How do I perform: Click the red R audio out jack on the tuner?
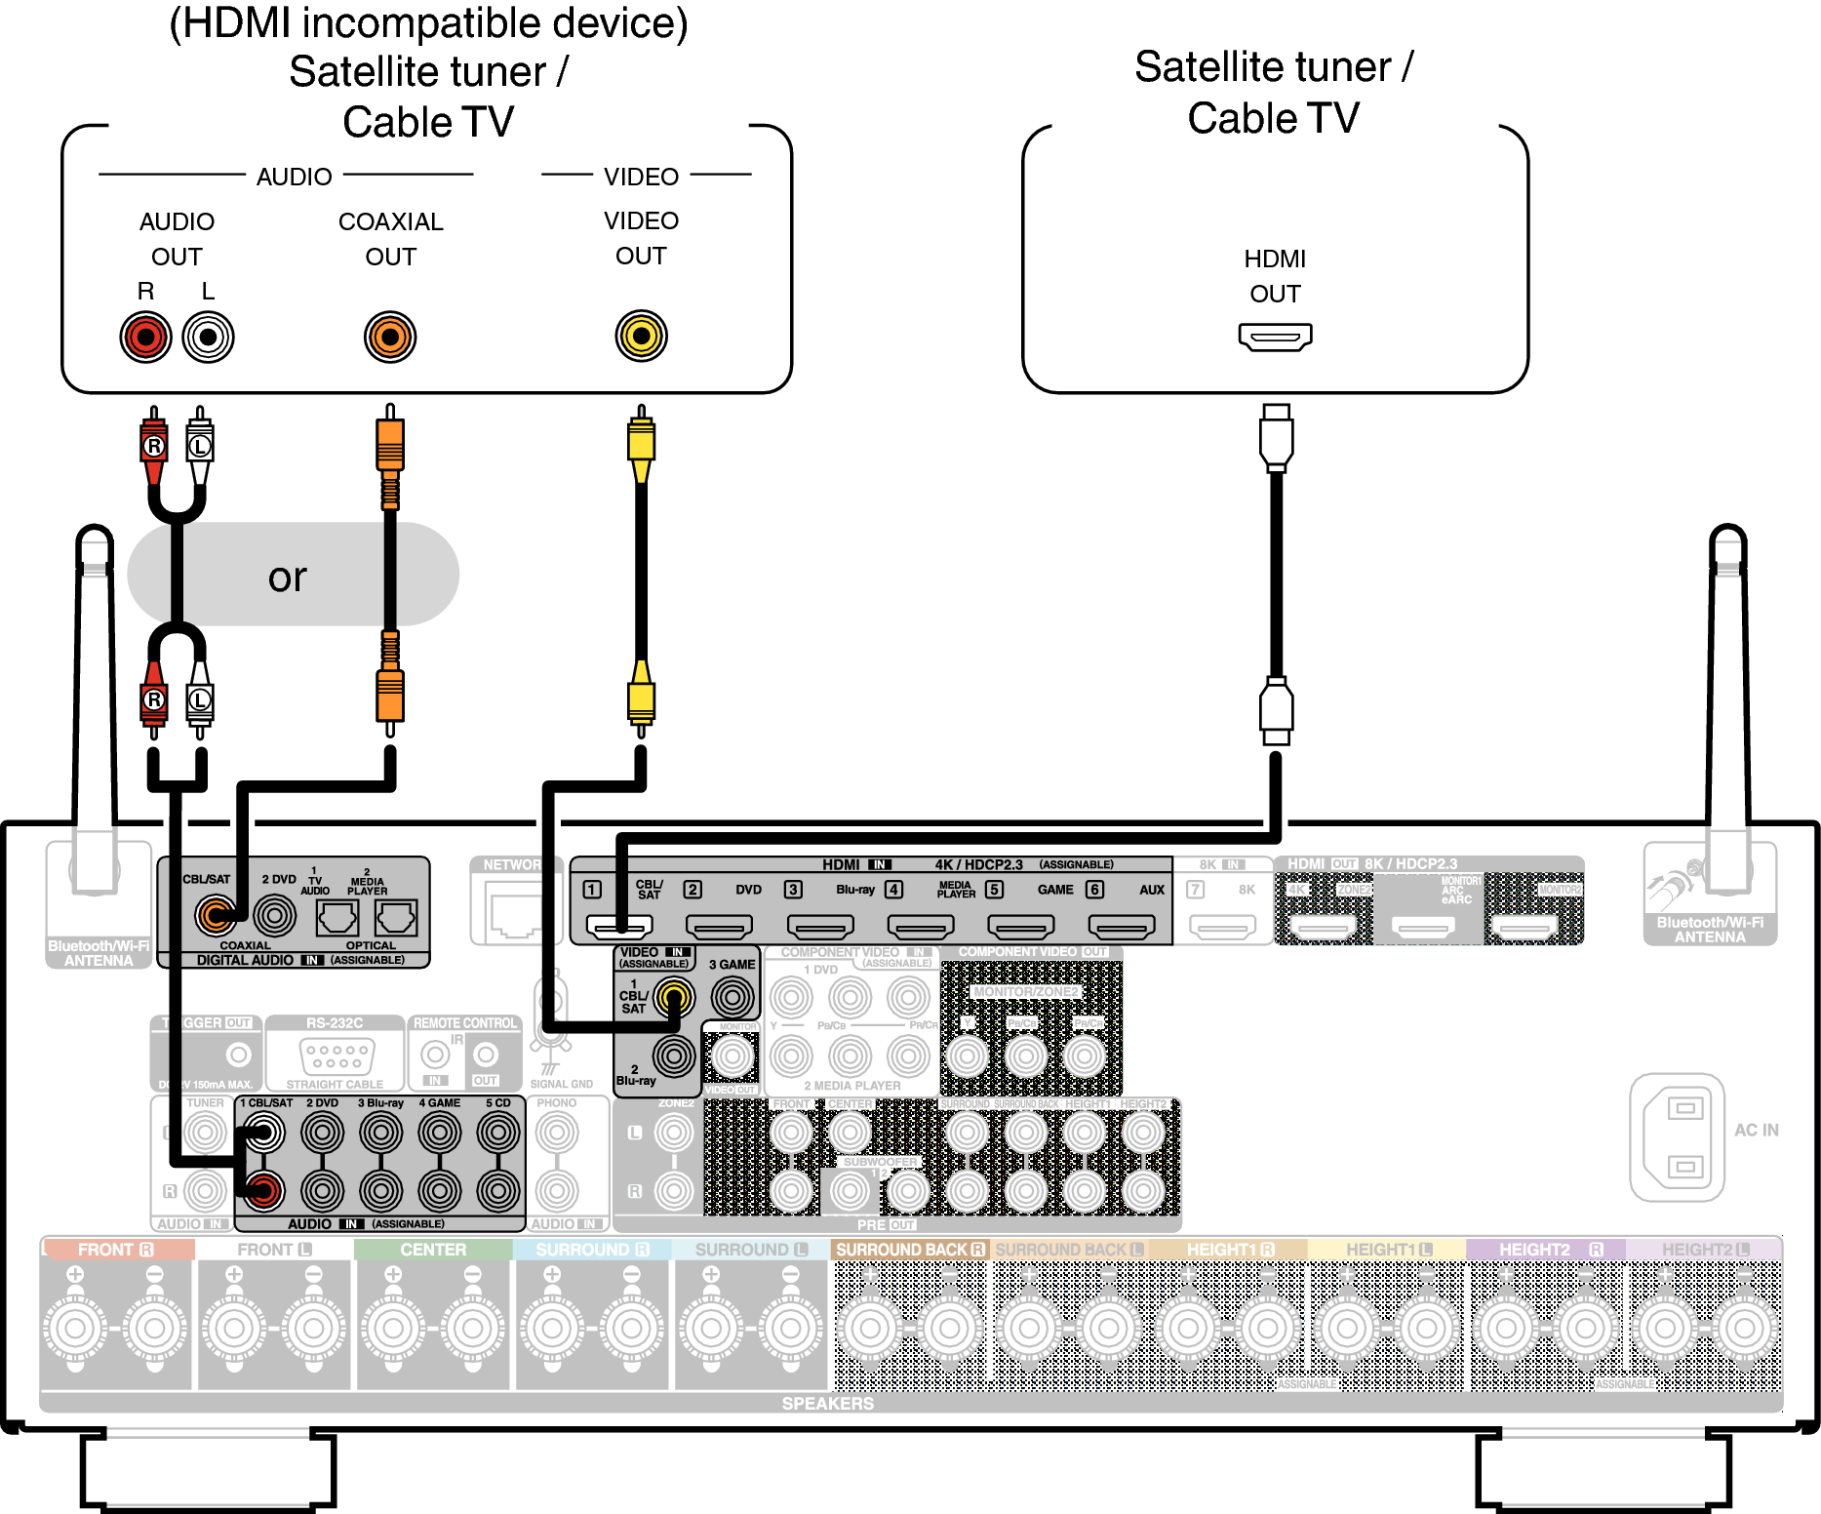point(145,338)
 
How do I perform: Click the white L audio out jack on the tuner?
point(207,338)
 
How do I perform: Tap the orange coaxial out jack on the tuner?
point(390,338)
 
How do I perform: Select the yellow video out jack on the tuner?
point(641,337)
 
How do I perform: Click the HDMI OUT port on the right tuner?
point(1275,338)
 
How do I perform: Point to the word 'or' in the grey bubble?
point(287,578)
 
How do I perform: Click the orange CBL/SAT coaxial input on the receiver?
point(216,915)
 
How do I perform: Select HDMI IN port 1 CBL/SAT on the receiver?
point(618,925)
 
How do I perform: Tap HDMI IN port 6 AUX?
point(1122,925)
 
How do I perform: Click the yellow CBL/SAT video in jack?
point(674,997)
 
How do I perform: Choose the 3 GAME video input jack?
point(732,997)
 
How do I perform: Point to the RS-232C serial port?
point(336,1056)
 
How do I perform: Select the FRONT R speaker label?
point(116,1250)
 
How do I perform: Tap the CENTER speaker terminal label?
point(433,1250)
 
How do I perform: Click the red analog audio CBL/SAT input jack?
point(263,1189)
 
